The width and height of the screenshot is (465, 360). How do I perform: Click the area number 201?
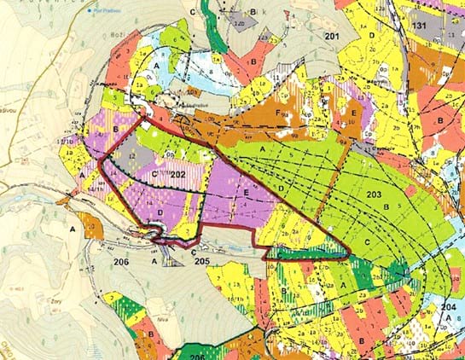tap(332, 36)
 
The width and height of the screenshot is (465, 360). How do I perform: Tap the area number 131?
tap(419, 27)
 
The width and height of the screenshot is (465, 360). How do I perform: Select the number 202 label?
tap(177, 174)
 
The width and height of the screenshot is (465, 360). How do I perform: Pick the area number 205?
tap(201, 260)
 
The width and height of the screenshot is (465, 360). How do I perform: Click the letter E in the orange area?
tap(352, 112)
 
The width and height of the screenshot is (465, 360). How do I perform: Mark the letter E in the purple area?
tap(246, 195)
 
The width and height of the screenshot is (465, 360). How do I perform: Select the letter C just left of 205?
tap(194, 253)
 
